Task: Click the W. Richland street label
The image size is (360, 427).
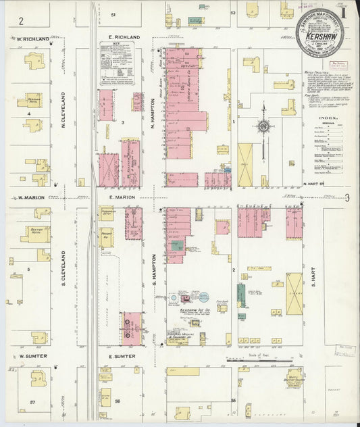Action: pyautogui.click(x=34, y=39)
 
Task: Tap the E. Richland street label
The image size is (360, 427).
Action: pyautogui.click(x=123, y=36)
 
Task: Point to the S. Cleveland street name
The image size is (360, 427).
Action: pyautogui.click(x=63, y=267)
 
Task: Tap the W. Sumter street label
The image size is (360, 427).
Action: pyautogui.click(x=31, y=356)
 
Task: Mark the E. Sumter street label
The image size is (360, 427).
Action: pyautogui.click(x=122, y=356)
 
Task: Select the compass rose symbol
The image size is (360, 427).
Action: pyautogui.click(x=263, y=126)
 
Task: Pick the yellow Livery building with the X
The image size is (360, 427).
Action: pyautogui.click(x=294, y=294)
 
